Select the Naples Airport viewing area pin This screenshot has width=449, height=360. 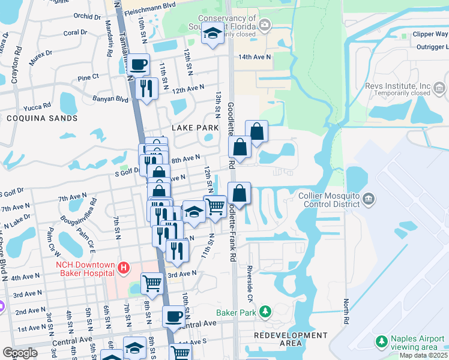(381, 341)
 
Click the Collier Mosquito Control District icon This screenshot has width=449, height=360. (369, 199)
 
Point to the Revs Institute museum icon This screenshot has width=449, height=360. (439, 89)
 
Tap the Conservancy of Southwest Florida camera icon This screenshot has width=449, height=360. (264, 25)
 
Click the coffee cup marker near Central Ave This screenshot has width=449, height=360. (174, 316)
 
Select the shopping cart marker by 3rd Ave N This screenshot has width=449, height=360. (152, 281)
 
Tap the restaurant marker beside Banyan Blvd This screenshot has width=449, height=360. (146, 88)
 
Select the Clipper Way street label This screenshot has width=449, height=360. (430, 34)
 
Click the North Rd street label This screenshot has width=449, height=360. (346, 312)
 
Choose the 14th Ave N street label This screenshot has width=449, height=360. (255, 56)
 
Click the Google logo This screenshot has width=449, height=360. (20, 353)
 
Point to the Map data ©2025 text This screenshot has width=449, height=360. (423, 355)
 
